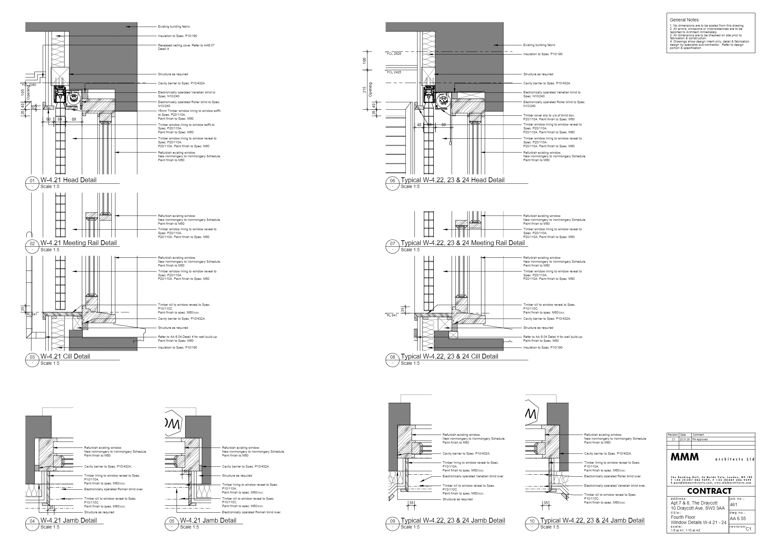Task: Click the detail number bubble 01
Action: [32, 181]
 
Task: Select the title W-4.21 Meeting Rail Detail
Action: [78, 243]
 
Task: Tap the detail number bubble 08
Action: [393, 357]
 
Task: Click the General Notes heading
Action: [684, 20]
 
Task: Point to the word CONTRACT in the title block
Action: [709, 491]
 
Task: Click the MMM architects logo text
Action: [684, 457]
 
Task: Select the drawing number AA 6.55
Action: [738, 519]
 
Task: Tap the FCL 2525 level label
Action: [394, 54]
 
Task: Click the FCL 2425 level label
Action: [394, 72]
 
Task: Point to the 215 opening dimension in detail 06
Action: [364, 89]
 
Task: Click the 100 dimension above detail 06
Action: [364, 61]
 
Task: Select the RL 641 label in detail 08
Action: [392, 315]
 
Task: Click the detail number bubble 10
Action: [532, 521]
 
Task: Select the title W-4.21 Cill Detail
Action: [65, 356]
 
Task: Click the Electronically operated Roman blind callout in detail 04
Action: [113, 489]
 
